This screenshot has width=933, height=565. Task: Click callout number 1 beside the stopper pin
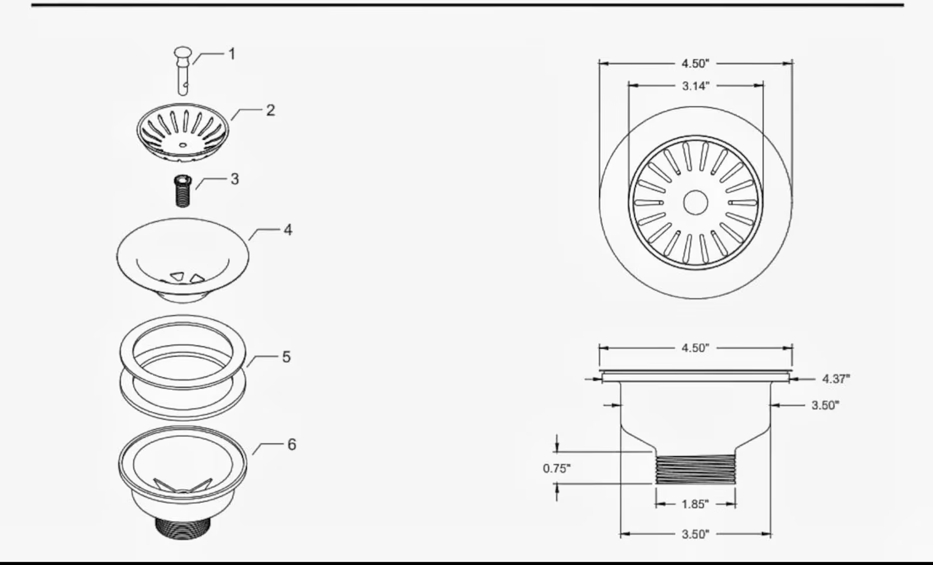tap(232, 54)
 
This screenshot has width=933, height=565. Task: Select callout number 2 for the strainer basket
tap(270, 110)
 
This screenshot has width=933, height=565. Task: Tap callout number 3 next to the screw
tap(235, 179)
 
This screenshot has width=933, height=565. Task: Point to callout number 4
tap(288, 230)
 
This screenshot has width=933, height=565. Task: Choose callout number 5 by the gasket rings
tap(286, 357)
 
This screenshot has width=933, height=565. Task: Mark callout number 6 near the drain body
tap(292, 445)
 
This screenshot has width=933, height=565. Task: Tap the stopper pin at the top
tap(183, 69)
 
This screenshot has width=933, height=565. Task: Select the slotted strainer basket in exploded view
tap(183, 133)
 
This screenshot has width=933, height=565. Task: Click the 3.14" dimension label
tap(696, 86)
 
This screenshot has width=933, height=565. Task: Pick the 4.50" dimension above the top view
tap(696, 63)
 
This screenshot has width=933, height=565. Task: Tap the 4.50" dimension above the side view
tap(696, 348)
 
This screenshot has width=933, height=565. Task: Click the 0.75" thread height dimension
tap(556, 469)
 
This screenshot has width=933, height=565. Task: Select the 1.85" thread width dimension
tap(696, 504)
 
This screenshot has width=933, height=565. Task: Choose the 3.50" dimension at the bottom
tap(696, 534)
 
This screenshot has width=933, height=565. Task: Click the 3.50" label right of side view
tap(825, 405)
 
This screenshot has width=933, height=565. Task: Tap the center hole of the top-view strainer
tap(696, 203)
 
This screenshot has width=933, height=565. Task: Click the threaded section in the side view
tap(696, 469)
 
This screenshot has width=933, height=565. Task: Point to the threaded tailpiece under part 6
tap(183, 526)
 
